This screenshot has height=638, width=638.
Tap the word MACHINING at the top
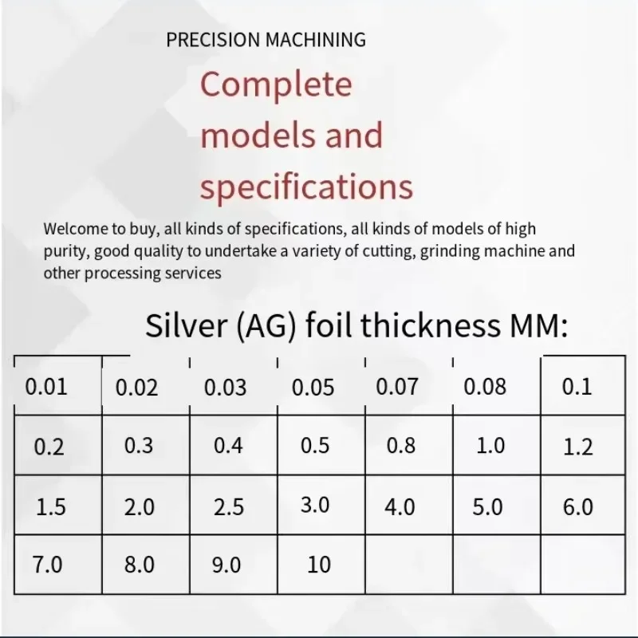coord(315,40)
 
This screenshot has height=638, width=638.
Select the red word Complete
coord(276,85)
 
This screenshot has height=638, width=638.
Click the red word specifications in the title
coord(306,186)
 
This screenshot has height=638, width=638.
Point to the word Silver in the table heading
coord(186,325)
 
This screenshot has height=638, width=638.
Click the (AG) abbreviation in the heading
coord(266,326)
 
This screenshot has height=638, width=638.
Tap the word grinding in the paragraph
coord(450,251)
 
